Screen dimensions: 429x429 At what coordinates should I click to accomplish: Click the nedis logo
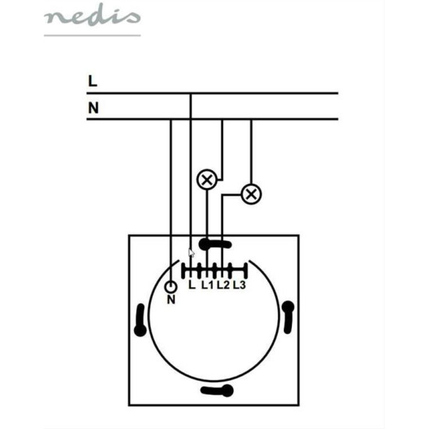click(92, 15)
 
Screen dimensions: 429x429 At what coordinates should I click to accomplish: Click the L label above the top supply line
click(93, 81)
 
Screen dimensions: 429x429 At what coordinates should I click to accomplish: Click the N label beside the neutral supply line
click(94, 108)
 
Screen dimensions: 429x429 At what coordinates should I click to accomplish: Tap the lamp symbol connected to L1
click(207, 179)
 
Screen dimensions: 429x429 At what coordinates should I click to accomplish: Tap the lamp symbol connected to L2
click(251, 194)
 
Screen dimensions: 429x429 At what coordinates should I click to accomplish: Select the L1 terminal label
click(207, 285)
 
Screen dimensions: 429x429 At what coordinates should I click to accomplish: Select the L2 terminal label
click(223, 285)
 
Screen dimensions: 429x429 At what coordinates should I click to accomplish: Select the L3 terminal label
click(239, 285)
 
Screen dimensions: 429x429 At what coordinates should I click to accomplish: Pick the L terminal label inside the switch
click(192, 285)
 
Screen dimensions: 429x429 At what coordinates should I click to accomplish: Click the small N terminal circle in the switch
click(171, 287)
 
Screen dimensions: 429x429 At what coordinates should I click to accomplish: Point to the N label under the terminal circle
click(171, 300)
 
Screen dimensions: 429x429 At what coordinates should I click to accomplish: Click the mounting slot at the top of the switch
click(215, 244)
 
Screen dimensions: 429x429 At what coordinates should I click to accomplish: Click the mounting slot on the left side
click(140, 320)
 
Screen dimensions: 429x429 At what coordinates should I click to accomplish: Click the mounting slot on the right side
click(288, 317)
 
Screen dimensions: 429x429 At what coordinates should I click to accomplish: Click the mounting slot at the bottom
click(217, 391)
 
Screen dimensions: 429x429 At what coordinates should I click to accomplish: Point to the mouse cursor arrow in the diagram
click(192, 253)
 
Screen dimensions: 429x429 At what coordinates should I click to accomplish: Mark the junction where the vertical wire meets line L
click(191, 94)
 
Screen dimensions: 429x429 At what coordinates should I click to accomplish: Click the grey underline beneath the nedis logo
click(92, 35)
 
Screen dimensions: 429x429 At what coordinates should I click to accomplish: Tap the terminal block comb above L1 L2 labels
click(214, 271)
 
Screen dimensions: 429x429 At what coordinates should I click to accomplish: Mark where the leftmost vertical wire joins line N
click(171, 119)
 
